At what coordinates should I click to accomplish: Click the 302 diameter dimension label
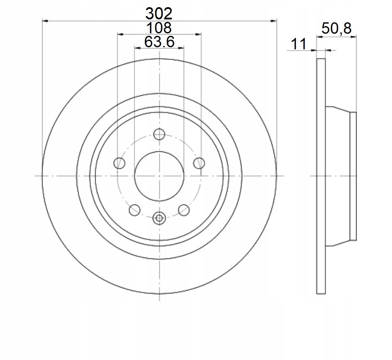(159, 14)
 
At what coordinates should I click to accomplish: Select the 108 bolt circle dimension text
(159, 28)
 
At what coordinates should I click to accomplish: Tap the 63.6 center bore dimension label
(159, 42)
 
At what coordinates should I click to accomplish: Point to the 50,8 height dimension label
(336, 28)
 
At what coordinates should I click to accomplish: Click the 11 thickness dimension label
(298, 44)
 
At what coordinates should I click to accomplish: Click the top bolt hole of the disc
(159, 134)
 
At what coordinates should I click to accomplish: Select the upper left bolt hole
(119, 163)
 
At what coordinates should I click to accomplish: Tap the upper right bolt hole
(199, 163)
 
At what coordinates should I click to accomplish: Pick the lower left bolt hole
(134, 210)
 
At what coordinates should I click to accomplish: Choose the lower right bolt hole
(184, 210)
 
